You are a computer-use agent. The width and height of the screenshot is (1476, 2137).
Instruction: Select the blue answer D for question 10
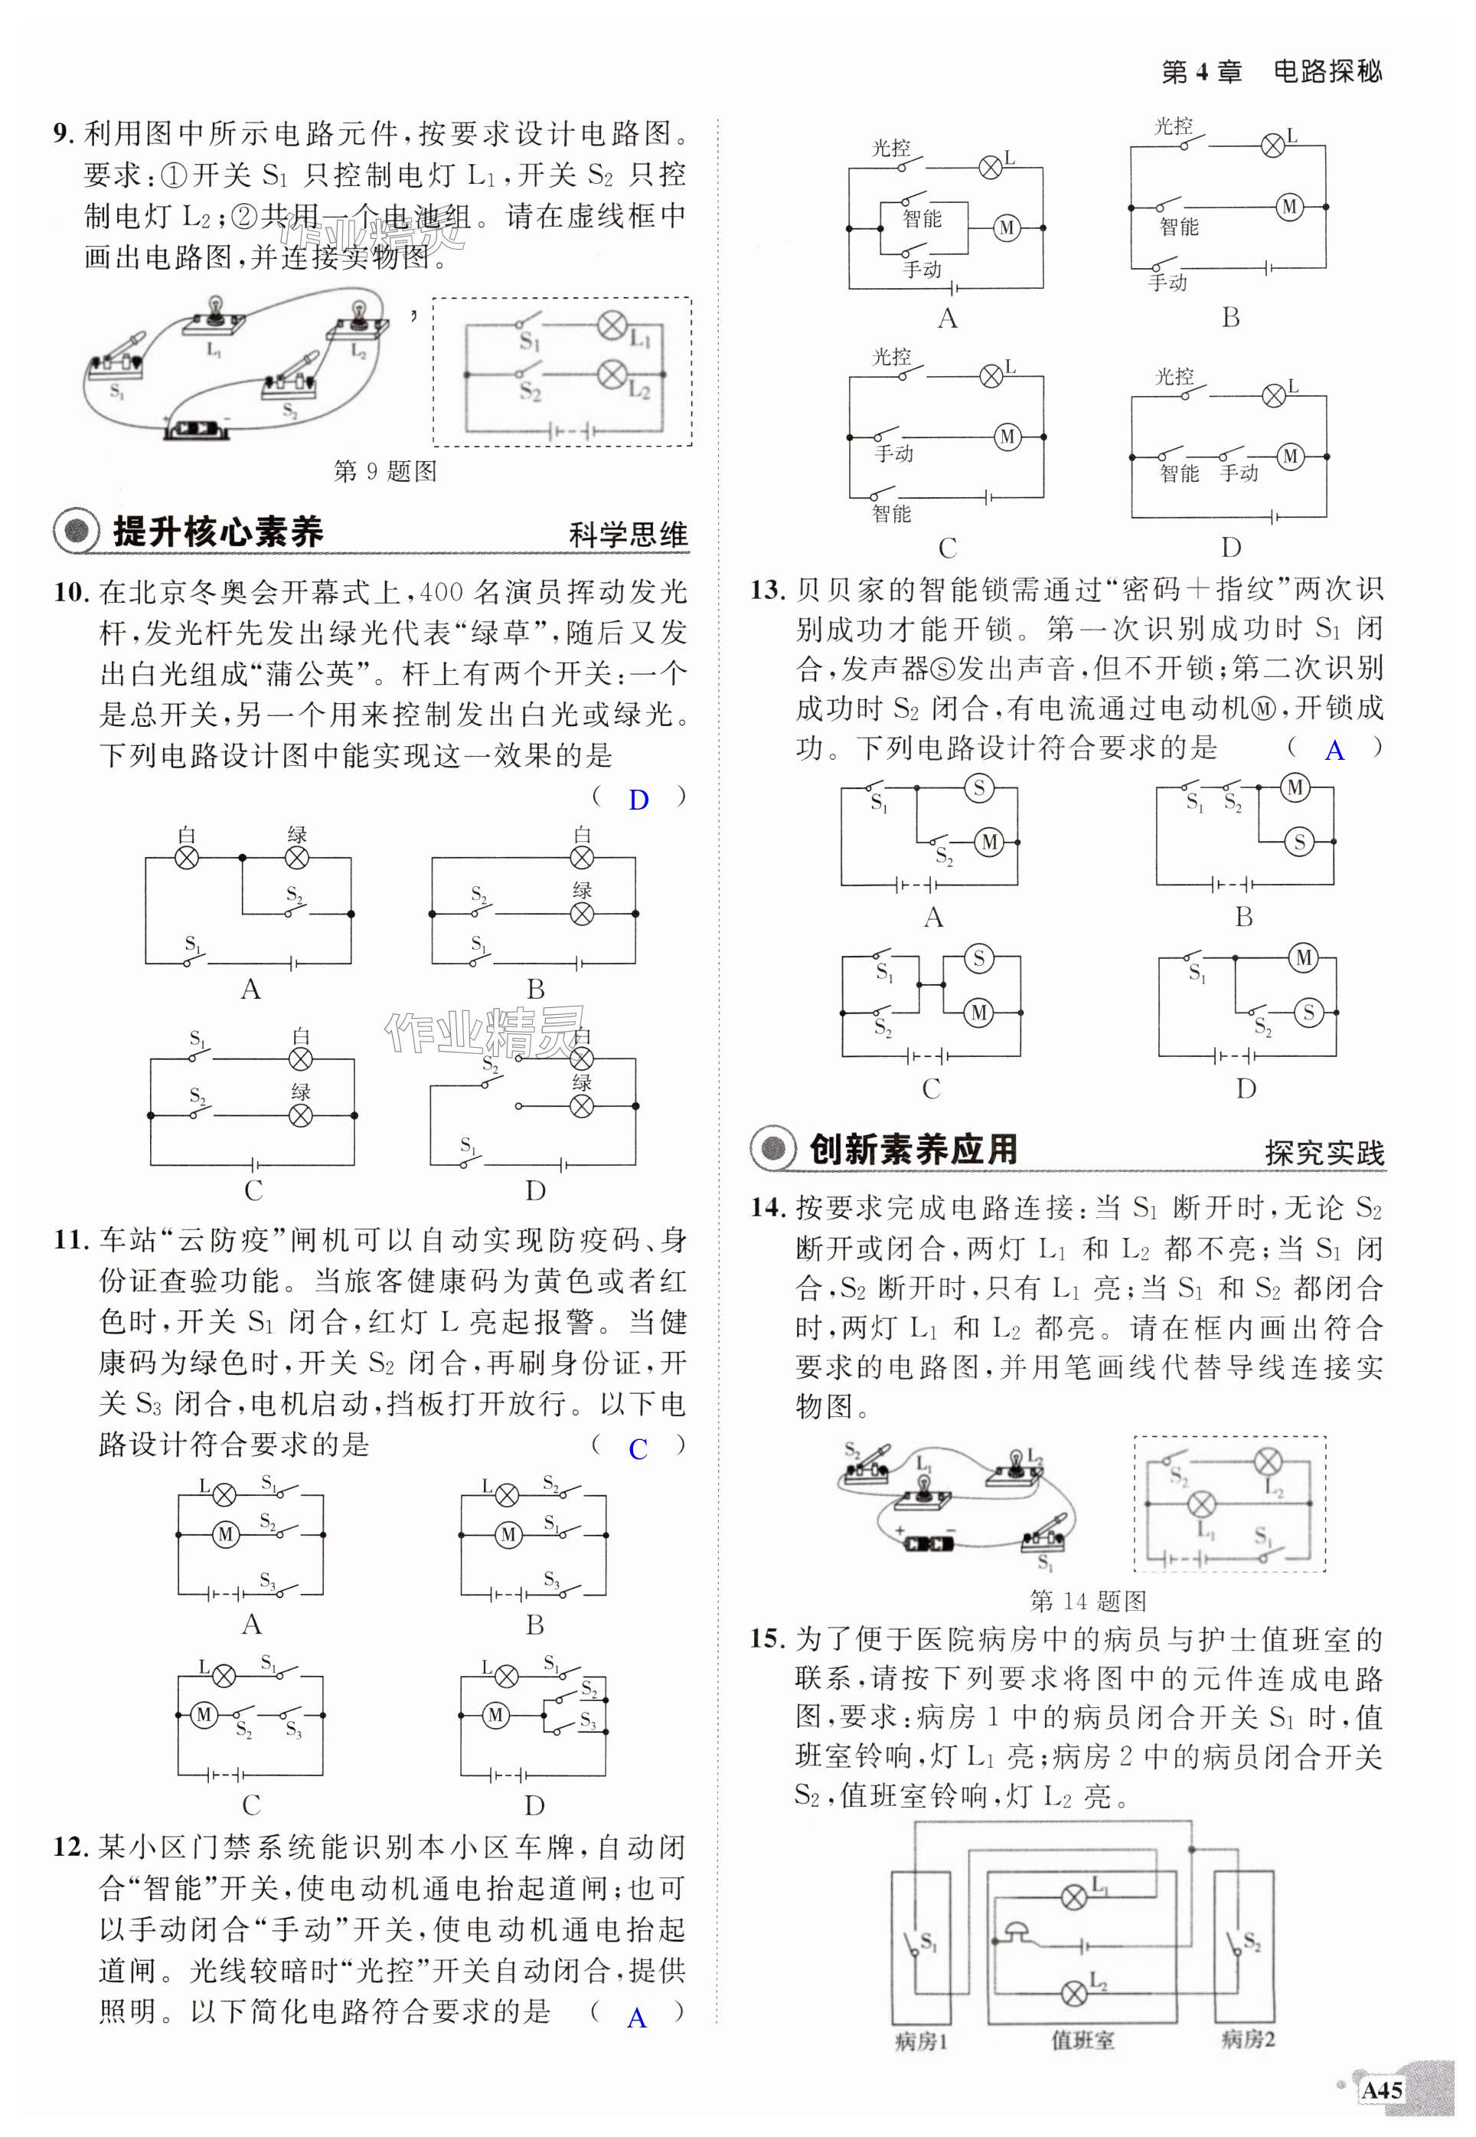coord(638,800)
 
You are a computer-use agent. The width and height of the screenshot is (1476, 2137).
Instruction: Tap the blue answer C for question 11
coord(638,1450)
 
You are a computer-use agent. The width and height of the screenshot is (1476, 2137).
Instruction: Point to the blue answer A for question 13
coord(1334,751)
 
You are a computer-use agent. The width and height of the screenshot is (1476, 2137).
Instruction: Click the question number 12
coord(70,1847)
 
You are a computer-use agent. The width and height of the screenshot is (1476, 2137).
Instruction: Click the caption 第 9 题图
coord(385,472)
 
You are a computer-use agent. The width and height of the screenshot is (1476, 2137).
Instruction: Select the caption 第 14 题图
coord(1088,1600)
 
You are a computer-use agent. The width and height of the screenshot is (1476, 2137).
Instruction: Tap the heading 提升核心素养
coord(217,532)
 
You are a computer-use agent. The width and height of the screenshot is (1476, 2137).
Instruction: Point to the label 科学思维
coord(628,535)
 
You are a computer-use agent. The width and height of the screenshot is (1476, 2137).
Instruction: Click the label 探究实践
coord(1324,1153)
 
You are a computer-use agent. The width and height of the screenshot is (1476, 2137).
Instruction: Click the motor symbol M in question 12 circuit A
coord(1006,227)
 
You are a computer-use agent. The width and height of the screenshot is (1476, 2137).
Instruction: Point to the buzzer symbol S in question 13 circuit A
coord(978,788)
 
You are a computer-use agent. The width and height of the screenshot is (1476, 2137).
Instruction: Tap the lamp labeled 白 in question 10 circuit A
coord(188,859)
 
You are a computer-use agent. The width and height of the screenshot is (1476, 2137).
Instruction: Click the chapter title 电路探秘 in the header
coord(1327,71)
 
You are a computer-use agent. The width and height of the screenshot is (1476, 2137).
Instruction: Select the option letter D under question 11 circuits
coord(534,1805)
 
